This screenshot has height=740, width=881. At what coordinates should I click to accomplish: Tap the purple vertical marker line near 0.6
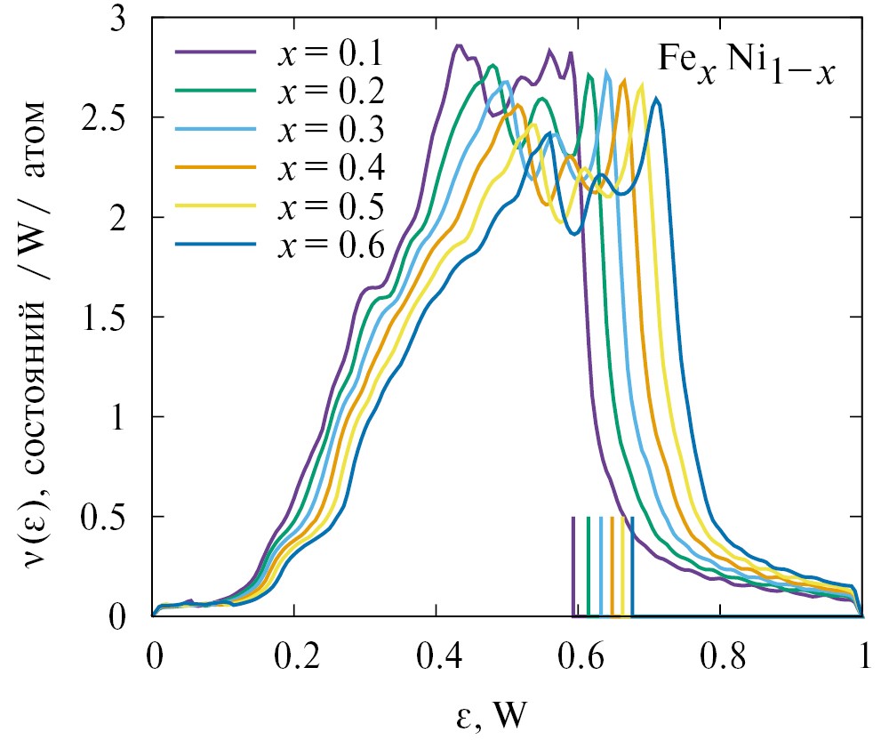(573, 566)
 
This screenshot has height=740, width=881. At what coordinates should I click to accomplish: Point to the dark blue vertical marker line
(632, 566)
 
